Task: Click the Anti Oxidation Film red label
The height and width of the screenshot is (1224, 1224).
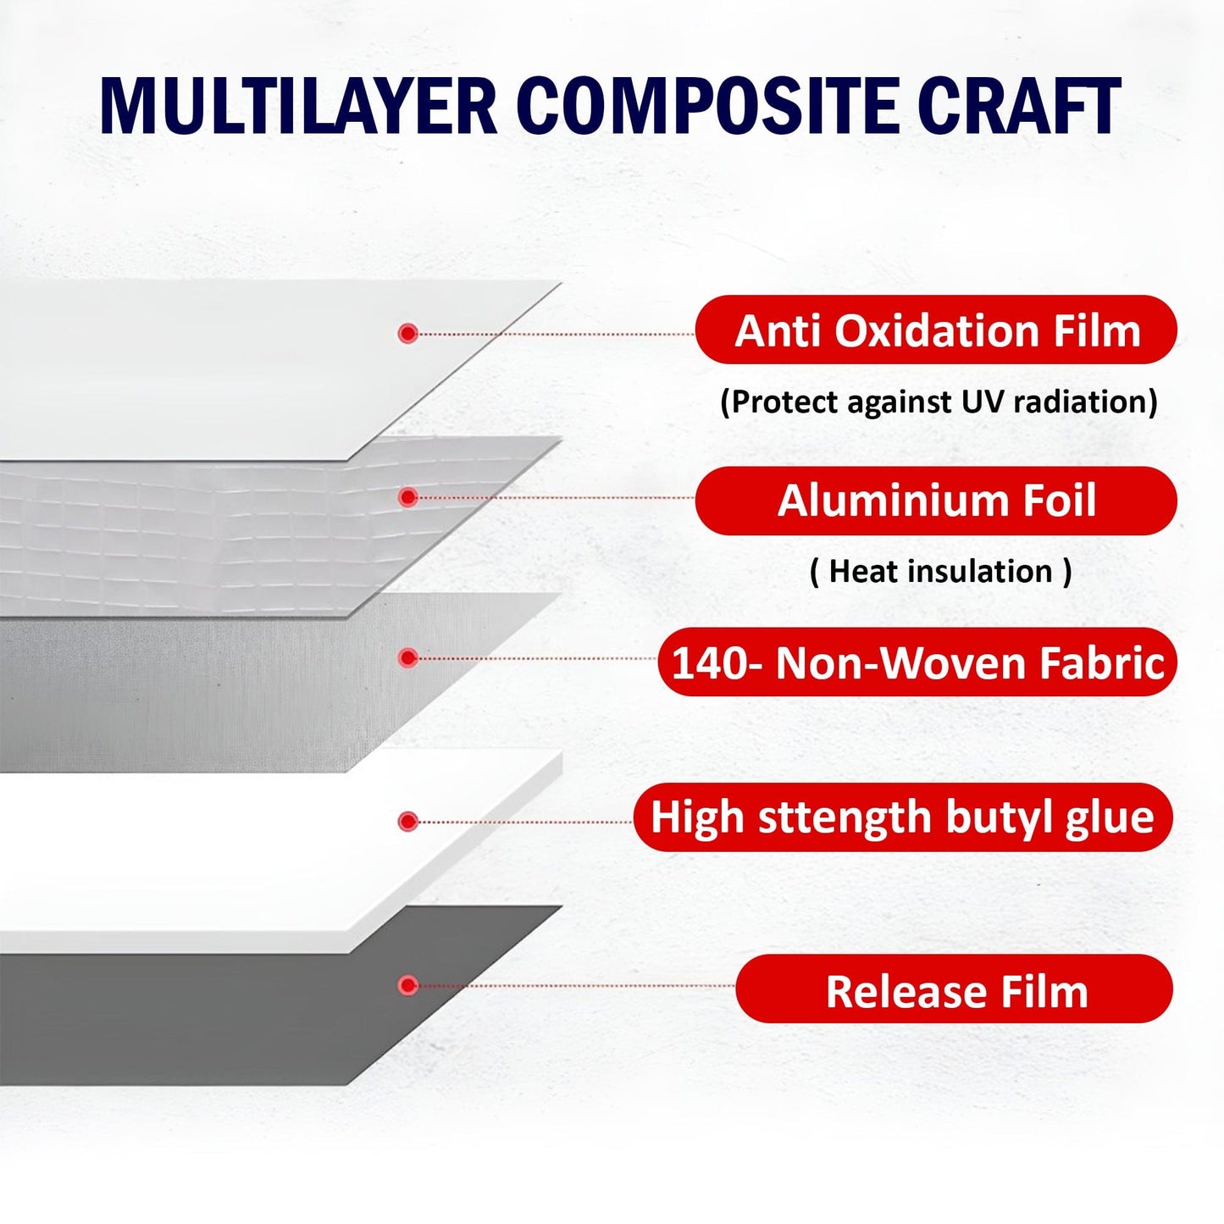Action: tap(936, 330)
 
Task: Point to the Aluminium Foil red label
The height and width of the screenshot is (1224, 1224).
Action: tap(936, 500)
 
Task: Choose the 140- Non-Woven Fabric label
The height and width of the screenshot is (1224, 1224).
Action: tap(917, 662)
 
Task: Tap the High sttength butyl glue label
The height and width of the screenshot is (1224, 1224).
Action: tap(903, 817)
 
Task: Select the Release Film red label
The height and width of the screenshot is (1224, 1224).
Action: tap(955, 989)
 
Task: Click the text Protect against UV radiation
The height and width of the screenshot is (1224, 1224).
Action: tap(939, 402)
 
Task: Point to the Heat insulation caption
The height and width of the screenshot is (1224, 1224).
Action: tap(940, 571)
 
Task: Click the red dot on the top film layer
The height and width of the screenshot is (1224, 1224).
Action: tap(408, 334)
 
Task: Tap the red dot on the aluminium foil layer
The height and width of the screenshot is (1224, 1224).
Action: tap(408, 497)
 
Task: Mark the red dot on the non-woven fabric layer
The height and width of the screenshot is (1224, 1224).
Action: tap(408, 658)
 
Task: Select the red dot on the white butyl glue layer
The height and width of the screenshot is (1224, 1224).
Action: tap(408, 821)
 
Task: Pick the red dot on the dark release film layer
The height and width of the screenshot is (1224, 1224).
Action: tap(408, 985)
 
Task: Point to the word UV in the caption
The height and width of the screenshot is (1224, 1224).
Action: tap(983, 402)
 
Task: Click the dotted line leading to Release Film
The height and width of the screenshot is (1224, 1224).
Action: tap(576, 986)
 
